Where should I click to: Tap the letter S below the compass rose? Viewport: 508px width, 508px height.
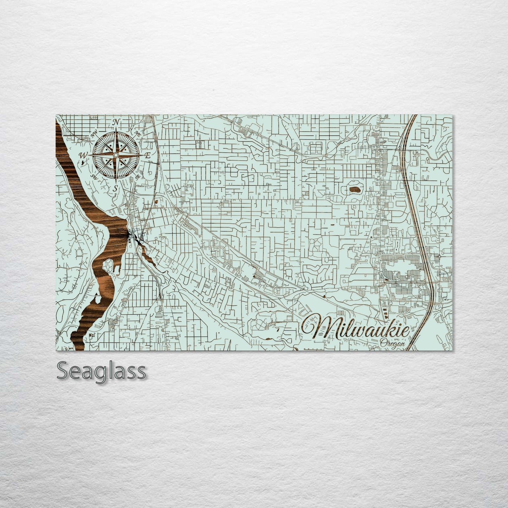pyautogui.click(x=115, y=189)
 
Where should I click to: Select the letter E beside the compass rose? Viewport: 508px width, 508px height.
pyautogui.click(x=148, y=155)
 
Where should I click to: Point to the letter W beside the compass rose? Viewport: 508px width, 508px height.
pyautogui.click(x=83, y=155)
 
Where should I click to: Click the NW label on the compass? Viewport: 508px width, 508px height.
pyautogui.click(x=94, y=134)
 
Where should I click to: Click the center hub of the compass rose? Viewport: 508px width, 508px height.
pyautogui.click(x=115, y=155)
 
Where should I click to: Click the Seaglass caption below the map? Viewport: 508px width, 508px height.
pyautogui.click(x=101, y=371)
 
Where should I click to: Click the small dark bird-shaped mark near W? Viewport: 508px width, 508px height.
pyautogui.click(x=83, y=162)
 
